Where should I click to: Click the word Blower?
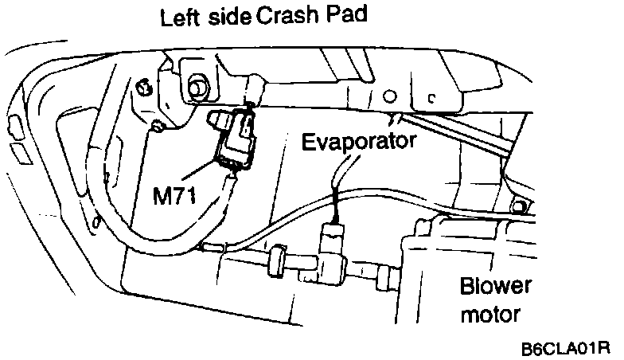pos(493,287)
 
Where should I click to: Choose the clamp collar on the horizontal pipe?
pos(276,258)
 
